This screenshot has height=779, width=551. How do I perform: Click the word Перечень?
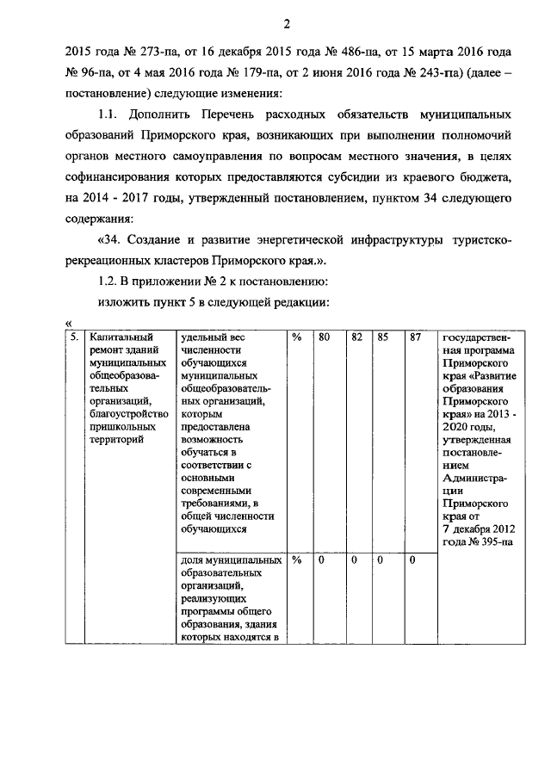(208, 115)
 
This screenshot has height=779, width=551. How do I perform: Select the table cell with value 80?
(324, 338)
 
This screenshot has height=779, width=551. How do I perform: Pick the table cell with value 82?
(355, 338)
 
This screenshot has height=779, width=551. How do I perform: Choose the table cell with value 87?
(415, 338)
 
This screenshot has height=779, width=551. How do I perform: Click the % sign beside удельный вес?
(295, 338)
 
